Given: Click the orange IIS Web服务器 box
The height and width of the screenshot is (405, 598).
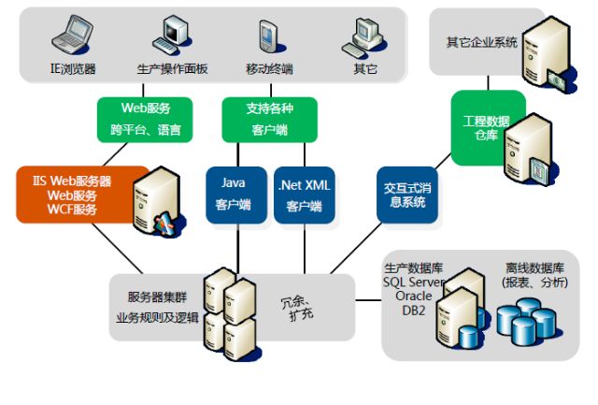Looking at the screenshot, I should point(82,194).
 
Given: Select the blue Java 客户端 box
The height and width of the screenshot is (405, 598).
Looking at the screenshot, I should point(236,195).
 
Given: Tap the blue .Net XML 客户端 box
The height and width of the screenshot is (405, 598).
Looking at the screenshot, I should point(305,195).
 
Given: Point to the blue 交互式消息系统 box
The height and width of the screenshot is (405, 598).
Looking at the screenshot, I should point(406,195).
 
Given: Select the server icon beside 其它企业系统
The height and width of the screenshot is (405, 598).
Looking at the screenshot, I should point(541,51).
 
